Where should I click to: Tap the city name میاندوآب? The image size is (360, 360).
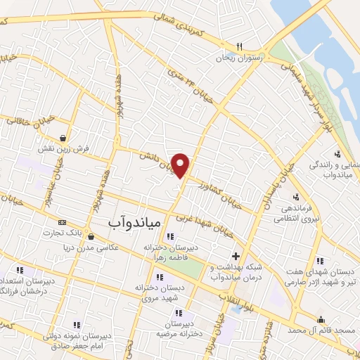pos(136,223)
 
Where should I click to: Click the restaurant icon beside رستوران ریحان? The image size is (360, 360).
pos(240,47)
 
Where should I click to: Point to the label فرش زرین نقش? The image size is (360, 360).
pos(65,149)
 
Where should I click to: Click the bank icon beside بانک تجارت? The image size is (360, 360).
pos(63,222)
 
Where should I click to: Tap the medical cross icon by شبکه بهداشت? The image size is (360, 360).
pos(236,255)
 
